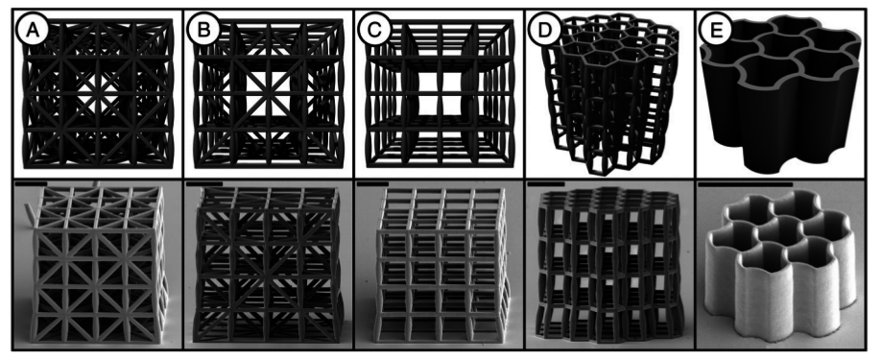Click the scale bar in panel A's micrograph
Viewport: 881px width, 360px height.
31,183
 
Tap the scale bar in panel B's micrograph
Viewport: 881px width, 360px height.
204,183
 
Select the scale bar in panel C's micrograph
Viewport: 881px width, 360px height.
372,183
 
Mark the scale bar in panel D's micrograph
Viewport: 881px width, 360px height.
546,183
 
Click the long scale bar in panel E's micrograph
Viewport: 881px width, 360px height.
745,183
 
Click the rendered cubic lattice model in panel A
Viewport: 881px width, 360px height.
97,93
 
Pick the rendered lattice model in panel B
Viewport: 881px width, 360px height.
269,93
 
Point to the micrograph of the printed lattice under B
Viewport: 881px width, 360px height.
268,264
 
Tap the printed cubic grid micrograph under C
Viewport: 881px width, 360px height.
439,264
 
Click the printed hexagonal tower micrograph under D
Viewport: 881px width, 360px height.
609,264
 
